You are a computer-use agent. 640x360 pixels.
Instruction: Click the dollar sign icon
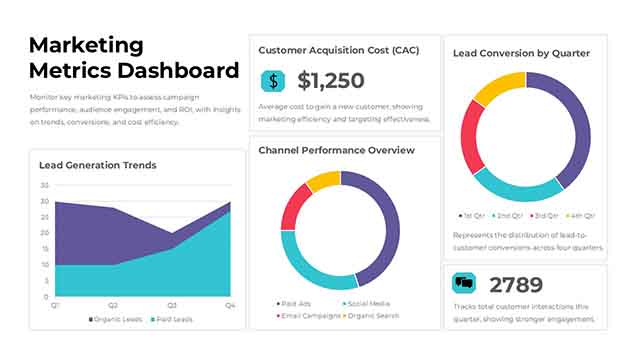(272, 81)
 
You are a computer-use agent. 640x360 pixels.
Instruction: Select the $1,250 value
(331, 81)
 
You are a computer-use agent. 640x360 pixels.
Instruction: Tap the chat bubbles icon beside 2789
(464, 284)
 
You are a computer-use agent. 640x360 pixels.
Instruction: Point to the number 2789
(515, 284)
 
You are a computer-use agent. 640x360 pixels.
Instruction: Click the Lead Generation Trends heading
(98, 165)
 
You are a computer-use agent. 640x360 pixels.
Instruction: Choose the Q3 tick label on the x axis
(172, 304)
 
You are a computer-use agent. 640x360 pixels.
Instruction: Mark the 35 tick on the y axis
(44, 185)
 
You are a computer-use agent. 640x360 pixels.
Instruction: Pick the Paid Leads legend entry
(173, 320)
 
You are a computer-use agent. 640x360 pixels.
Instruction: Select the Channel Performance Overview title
(336, 150)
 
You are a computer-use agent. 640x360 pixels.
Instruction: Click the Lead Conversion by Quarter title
(521, 53)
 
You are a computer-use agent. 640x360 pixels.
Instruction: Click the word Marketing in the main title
(86, 44)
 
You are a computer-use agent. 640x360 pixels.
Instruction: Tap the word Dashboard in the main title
(179, 70)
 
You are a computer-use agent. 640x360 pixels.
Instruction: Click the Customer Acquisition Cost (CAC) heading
(338, 49)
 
